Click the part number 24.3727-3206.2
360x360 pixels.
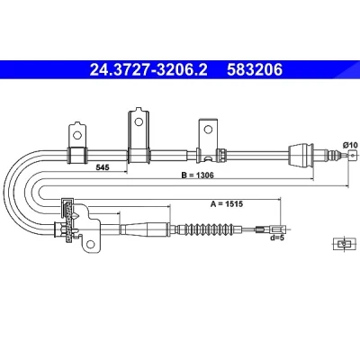[148, 70]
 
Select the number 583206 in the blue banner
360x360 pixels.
[255, 70]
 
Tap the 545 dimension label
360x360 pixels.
[103, 167]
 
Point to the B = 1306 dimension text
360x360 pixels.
[197, 175]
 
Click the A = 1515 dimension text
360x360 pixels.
[227, 204]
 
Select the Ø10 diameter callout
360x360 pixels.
[350, 145]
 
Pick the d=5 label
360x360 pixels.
[276, 238]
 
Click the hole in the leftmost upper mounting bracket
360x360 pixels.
[77, 135]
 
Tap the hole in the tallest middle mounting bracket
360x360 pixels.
[139, 121]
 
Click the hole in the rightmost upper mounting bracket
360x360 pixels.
[208, 130]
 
